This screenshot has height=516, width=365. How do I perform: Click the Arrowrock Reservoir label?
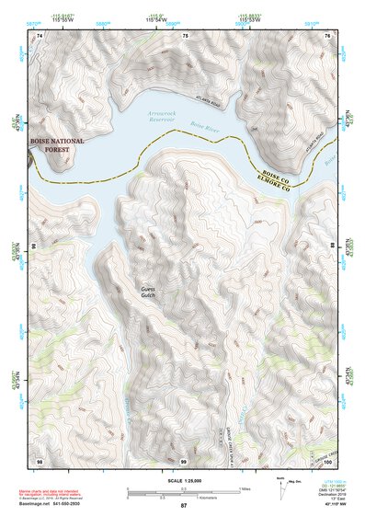163,115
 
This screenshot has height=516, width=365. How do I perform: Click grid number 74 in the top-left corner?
40,35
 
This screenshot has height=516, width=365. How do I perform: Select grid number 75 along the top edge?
185,35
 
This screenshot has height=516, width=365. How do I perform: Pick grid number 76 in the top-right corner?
328,35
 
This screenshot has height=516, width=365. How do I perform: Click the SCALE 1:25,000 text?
183,479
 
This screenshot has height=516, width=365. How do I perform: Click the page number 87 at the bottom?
183,507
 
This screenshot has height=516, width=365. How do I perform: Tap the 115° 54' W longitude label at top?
184,19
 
